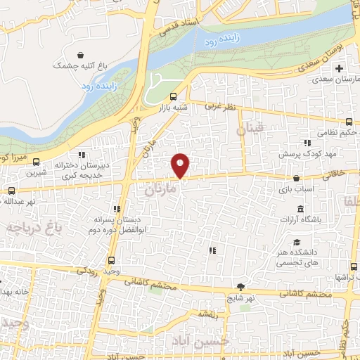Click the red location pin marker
tap(181, 166)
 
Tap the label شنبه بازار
tap(173, 107)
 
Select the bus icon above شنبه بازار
tap(173, 96)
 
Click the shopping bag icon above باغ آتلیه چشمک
tap(82, 54)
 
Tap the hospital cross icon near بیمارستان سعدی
tap(340, 69)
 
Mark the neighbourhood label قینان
tap(250, 129)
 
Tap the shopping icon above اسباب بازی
tap(297, 179)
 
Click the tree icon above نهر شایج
tap(241, 286)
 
